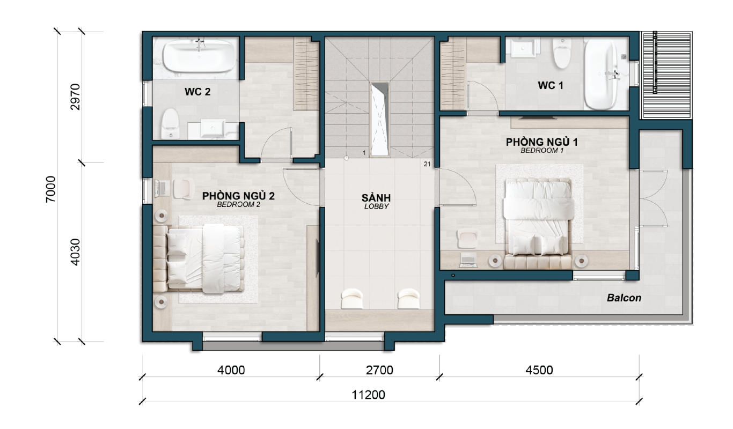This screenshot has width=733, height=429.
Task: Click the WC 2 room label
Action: click(x=197, y=92)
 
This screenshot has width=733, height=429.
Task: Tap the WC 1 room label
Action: click(x=551, y=86)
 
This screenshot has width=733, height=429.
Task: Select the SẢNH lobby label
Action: click(x=376, y=197)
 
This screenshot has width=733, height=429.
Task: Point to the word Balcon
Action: click(x=624, y=298)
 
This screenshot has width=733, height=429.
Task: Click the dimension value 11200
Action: click(x=368, y=395)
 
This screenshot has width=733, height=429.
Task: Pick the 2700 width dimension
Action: click(x=379, y=370)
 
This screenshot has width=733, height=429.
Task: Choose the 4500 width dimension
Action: click(x=539, y=370)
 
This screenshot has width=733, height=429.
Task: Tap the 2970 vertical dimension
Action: click(x=75, y=97)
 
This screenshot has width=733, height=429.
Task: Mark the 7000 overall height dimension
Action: click(x=51, y=189)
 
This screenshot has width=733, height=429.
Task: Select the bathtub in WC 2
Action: click(x=199, y=56)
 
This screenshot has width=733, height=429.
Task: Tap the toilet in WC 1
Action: click(x=562, y=53)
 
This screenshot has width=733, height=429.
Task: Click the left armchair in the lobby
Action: click(x=352, y=299)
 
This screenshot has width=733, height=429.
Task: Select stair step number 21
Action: click(x=427, y=164)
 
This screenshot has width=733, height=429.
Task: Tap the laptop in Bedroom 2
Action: click(x=162, y=189)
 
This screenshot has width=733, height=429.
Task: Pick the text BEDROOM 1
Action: click(x=542, y=151)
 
